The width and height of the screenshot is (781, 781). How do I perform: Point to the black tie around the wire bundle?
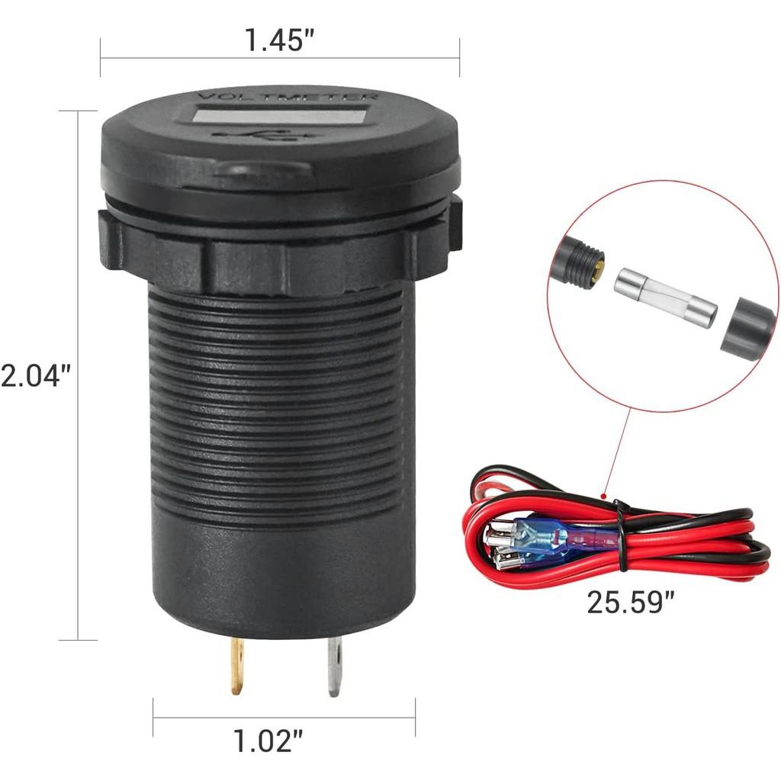(x=622, y=534)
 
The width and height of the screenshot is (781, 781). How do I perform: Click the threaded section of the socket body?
(x=282, y=404)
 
